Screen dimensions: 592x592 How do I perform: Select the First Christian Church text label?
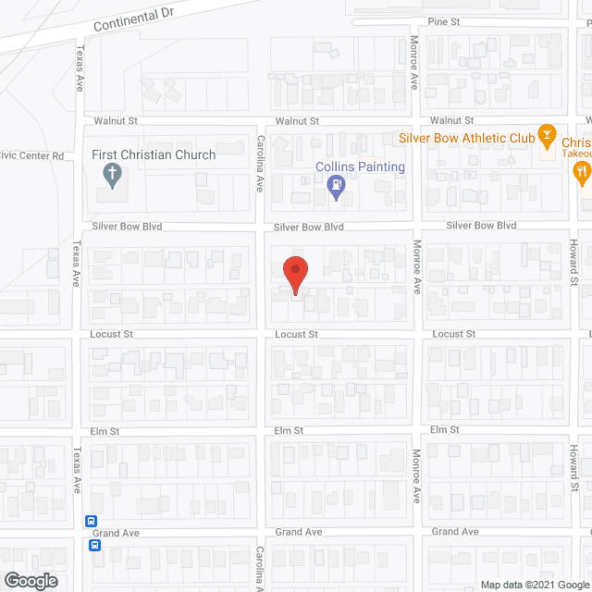coord(154,154)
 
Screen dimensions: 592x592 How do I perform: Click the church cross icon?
coord(112,173)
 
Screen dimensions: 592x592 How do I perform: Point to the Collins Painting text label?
coord(360,167)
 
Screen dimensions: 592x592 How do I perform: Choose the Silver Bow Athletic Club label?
coord(467,137)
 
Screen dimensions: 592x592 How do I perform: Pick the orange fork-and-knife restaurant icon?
coord(581,169)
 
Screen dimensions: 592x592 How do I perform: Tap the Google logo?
coord(30,581)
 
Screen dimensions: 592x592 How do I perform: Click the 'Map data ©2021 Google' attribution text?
coord(535,585)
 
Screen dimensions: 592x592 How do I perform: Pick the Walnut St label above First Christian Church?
coord(116,121)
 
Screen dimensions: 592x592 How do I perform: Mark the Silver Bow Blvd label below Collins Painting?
coord(309,227)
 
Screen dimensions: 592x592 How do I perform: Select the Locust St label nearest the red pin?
coord(297,334)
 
